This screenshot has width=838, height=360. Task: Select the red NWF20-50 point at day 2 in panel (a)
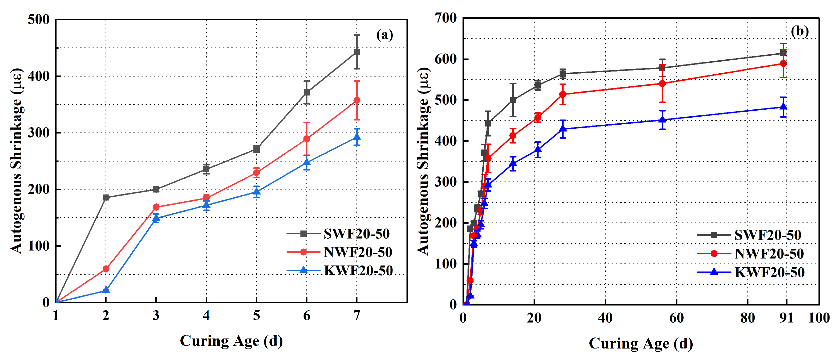[106, 268]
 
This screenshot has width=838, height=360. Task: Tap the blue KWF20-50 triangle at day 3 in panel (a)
[156, 218]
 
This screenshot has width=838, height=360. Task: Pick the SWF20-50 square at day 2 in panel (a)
[106, 197]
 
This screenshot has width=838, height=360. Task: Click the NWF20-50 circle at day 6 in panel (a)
[306, 139]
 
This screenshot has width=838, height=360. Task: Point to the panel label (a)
[384, 34]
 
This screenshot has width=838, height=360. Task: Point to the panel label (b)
[800, 31]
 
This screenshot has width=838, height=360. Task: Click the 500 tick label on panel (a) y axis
[38, 19]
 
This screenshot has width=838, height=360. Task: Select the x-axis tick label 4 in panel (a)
[206, 315]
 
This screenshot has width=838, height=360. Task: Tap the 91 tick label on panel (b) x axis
[786, 318]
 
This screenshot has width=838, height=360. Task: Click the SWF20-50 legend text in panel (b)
[768, 235]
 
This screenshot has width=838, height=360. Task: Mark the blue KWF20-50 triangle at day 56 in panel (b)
[662, 120]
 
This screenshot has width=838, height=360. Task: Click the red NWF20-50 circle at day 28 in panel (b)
[563, 94]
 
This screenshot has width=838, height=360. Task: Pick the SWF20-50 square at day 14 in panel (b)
[513, 100]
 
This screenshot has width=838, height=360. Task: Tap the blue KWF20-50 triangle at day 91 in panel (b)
[784, 107]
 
